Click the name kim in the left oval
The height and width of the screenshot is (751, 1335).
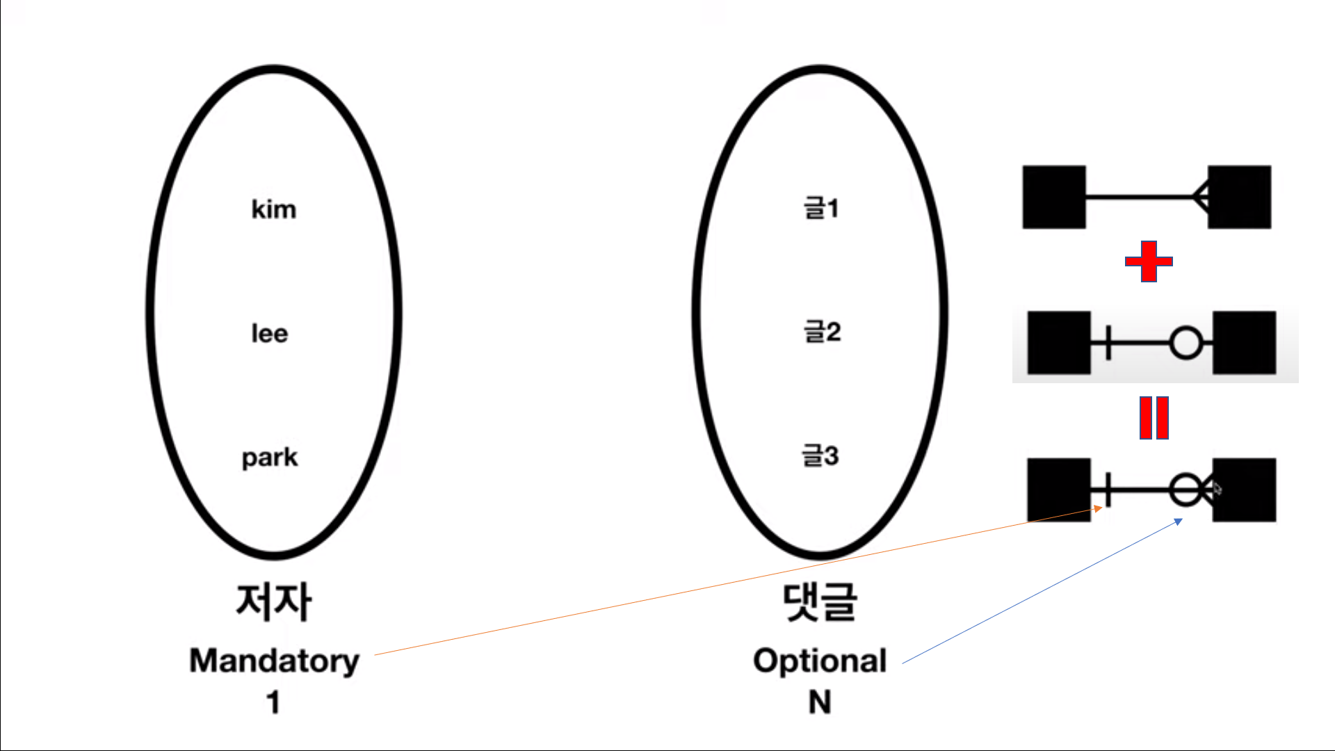(273, 209)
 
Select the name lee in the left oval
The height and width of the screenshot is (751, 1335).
(270, 333)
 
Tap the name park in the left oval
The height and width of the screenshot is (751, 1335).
(270, 458)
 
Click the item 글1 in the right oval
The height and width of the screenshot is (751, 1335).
(821, 207)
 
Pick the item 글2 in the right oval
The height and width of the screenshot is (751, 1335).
(823, 332)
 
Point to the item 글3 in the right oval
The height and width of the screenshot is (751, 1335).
(820, 455)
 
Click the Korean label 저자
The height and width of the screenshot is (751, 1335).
(274, 601)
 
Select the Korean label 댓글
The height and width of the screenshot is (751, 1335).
(820, 601)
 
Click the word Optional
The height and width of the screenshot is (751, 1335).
(820, 661)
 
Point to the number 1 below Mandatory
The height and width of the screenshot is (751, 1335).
(273, 702)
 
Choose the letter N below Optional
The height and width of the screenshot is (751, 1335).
(820, 702)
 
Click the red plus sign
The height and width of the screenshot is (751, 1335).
(1149, 261)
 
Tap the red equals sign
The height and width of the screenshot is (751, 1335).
(1154, 418)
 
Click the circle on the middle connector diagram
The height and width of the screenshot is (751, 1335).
(1186, 343)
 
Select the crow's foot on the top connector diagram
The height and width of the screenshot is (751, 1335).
(1200, 197)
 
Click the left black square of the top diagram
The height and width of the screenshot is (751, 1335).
(1054, 197)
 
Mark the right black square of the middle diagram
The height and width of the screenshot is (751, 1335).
(1245, 343)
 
